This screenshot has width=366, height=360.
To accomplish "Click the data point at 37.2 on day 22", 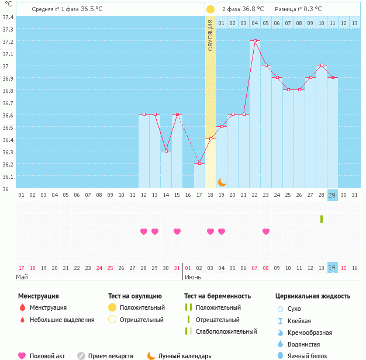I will (254, 41).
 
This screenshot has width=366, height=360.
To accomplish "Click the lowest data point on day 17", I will (199, 164).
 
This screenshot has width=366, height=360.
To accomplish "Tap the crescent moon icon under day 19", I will (222, 182).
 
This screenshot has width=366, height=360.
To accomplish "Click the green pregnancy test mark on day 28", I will (321, 219).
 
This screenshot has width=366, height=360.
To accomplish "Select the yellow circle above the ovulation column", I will (210, 9).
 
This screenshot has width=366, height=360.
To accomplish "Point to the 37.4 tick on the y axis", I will (8, 17).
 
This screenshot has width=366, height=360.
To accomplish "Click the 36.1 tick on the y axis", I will (8, 176).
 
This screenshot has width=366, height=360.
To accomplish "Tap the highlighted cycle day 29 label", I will (332, 195).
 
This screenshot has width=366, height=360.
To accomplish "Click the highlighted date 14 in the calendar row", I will (332, 268).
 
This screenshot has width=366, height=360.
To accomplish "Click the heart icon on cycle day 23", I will (266, 231).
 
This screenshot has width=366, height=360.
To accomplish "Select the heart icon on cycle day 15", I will (177, 231).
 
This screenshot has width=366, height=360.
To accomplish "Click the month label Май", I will (22, 277).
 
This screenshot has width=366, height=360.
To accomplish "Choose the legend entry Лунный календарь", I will (184, 355).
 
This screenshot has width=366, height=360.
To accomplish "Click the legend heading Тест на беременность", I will (217, 296).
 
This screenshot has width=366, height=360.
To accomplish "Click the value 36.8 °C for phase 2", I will (253, 9).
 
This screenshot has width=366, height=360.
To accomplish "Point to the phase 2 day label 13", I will (343, 23).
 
